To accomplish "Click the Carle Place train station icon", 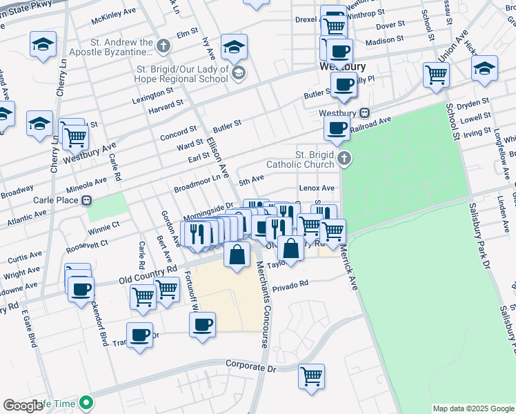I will tap(87, 201).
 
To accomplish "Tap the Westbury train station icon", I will tap(365, 113).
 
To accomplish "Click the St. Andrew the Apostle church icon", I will tap(163, 47).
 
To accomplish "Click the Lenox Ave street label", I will tap(317, 188).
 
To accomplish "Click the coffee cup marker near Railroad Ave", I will tap(337, 128).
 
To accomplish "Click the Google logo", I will tap(23, 406).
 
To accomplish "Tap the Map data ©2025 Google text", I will tap(473, 408).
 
